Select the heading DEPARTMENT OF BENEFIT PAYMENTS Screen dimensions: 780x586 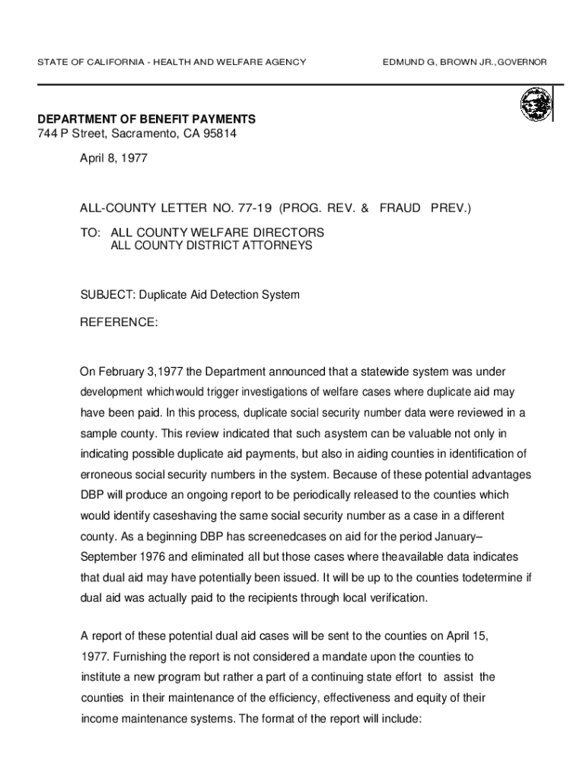[x=147, y=120]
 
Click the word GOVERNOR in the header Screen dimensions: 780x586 [x=524, y=61]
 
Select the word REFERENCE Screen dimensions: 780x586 [x=119, y=323]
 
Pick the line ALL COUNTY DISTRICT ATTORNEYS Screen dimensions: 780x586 [x=212, y=246]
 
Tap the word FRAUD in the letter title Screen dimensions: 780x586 [x=400, y=206]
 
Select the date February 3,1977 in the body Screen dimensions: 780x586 [x=142, y=372]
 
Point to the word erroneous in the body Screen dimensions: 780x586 [x=109, y=475]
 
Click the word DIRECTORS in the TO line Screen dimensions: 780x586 [x=288, y=232]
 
